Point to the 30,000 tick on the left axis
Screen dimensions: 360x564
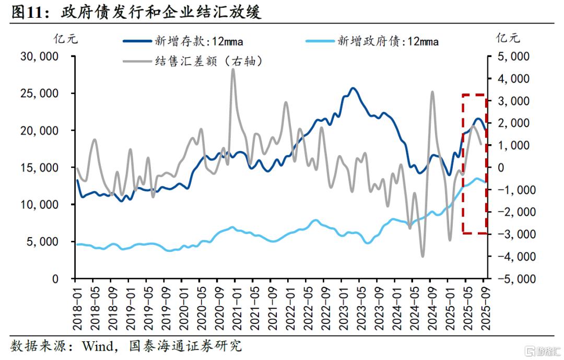pyautogui.click(x=39, y=56)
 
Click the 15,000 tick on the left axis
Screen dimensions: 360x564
pyautogui.click(x=39, y=168)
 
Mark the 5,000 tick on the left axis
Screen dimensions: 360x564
pyautogui.click(x=43, y=242)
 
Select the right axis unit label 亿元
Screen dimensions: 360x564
pyautogui.click(x=508, y=38)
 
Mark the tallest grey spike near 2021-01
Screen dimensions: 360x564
pyautogui.click(x=233, y=69)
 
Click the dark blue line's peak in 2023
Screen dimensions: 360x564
pyautogui.click(x=353, y=88)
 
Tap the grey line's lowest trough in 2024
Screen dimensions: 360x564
pyautogui.click(x=422, y=256)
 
